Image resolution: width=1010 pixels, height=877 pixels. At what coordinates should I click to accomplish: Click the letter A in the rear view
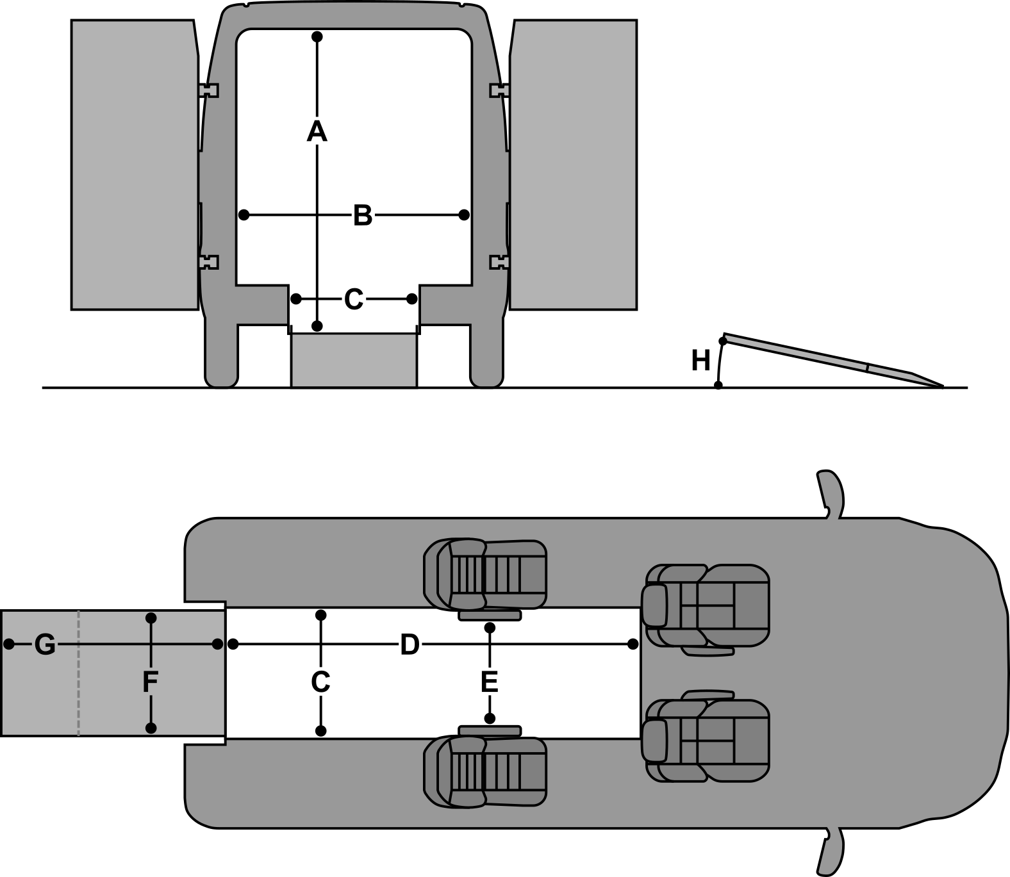pos(317,131)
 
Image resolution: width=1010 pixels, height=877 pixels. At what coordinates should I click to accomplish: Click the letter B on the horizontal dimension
pos(362,215)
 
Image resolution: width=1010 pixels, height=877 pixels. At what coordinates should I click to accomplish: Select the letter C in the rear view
pos(354,299)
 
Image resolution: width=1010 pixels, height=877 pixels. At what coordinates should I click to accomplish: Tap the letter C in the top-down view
pos(320,682)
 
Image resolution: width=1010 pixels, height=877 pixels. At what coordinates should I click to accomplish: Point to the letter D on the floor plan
pos(410,644)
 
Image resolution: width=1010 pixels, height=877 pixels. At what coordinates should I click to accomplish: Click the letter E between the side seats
pos(489,682)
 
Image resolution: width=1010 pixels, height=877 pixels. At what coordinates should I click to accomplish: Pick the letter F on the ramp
pos(150,682)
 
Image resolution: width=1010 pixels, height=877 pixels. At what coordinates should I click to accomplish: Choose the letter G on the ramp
pos(45,644)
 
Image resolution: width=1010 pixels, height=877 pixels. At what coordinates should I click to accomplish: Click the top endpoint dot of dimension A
pos(317,37)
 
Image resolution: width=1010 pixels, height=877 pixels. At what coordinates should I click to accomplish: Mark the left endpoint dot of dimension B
pos(244,215)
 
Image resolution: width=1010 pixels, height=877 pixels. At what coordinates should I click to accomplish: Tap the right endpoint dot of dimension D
pos(633,643)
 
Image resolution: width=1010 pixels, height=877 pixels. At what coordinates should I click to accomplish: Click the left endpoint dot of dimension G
pos(9,643)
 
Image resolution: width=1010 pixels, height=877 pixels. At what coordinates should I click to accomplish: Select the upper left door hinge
pos(209,90)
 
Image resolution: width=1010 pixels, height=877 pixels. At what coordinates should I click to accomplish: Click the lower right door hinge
pos(499,262)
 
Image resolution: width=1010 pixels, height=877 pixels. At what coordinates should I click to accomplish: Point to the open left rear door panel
pos(133,165)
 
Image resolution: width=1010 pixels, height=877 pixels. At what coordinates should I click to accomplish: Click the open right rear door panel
pos(572,165)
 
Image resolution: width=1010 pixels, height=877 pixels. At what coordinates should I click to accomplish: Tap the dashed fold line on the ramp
pos(78,673)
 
